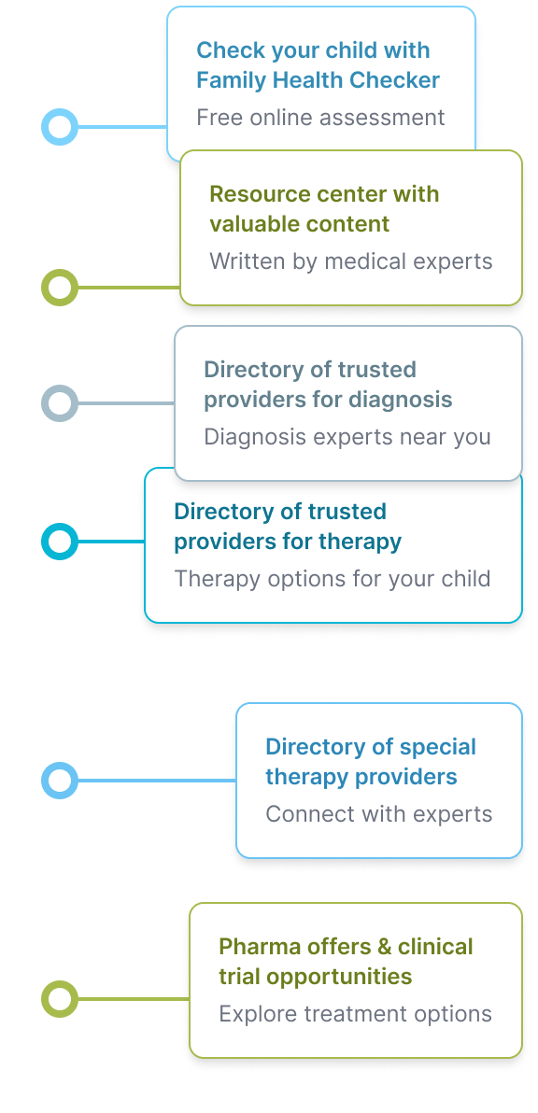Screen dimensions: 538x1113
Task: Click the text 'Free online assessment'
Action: tap(320, 117)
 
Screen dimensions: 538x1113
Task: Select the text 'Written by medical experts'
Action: tap(350, 261)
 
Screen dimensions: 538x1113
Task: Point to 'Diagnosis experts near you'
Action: tap(347, 437)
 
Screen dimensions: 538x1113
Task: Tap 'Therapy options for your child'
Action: tap(333, 579)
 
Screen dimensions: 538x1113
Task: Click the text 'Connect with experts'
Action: tap(379, 813)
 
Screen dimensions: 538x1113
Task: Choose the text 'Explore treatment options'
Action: tap(355, 1014)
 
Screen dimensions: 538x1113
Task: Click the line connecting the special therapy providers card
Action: tap(157, 781)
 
